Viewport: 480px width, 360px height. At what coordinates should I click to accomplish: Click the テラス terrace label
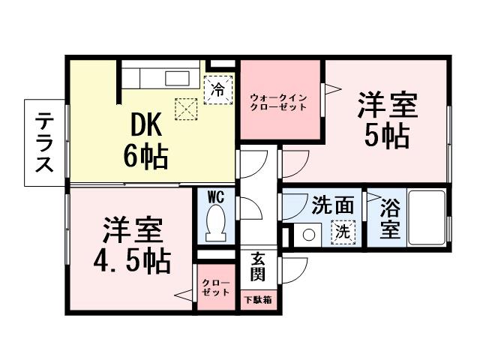point(46,142)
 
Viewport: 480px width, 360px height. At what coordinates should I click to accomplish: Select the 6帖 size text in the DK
point(145,156)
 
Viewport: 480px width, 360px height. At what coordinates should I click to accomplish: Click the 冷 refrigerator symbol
point(218,89)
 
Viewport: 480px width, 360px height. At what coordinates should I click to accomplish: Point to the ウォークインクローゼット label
point(278,102)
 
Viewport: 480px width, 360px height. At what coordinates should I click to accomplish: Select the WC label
point(217,197)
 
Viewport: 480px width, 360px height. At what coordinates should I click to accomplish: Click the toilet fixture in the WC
point(217,223)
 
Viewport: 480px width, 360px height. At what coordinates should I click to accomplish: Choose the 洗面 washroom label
point(331,205)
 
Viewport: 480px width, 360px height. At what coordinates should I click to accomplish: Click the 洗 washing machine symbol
point(342,232)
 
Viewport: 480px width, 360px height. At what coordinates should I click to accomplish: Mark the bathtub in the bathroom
point(427,217)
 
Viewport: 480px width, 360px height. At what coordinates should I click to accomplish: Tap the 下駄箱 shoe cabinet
point(257,299)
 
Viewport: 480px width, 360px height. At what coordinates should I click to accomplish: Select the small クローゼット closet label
point(215,288)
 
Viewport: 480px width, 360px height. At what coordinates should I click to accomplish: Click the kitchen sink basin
point(178,79)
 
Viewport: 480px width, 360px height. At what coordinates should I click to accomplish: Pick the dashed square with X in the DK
point(185,109)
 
